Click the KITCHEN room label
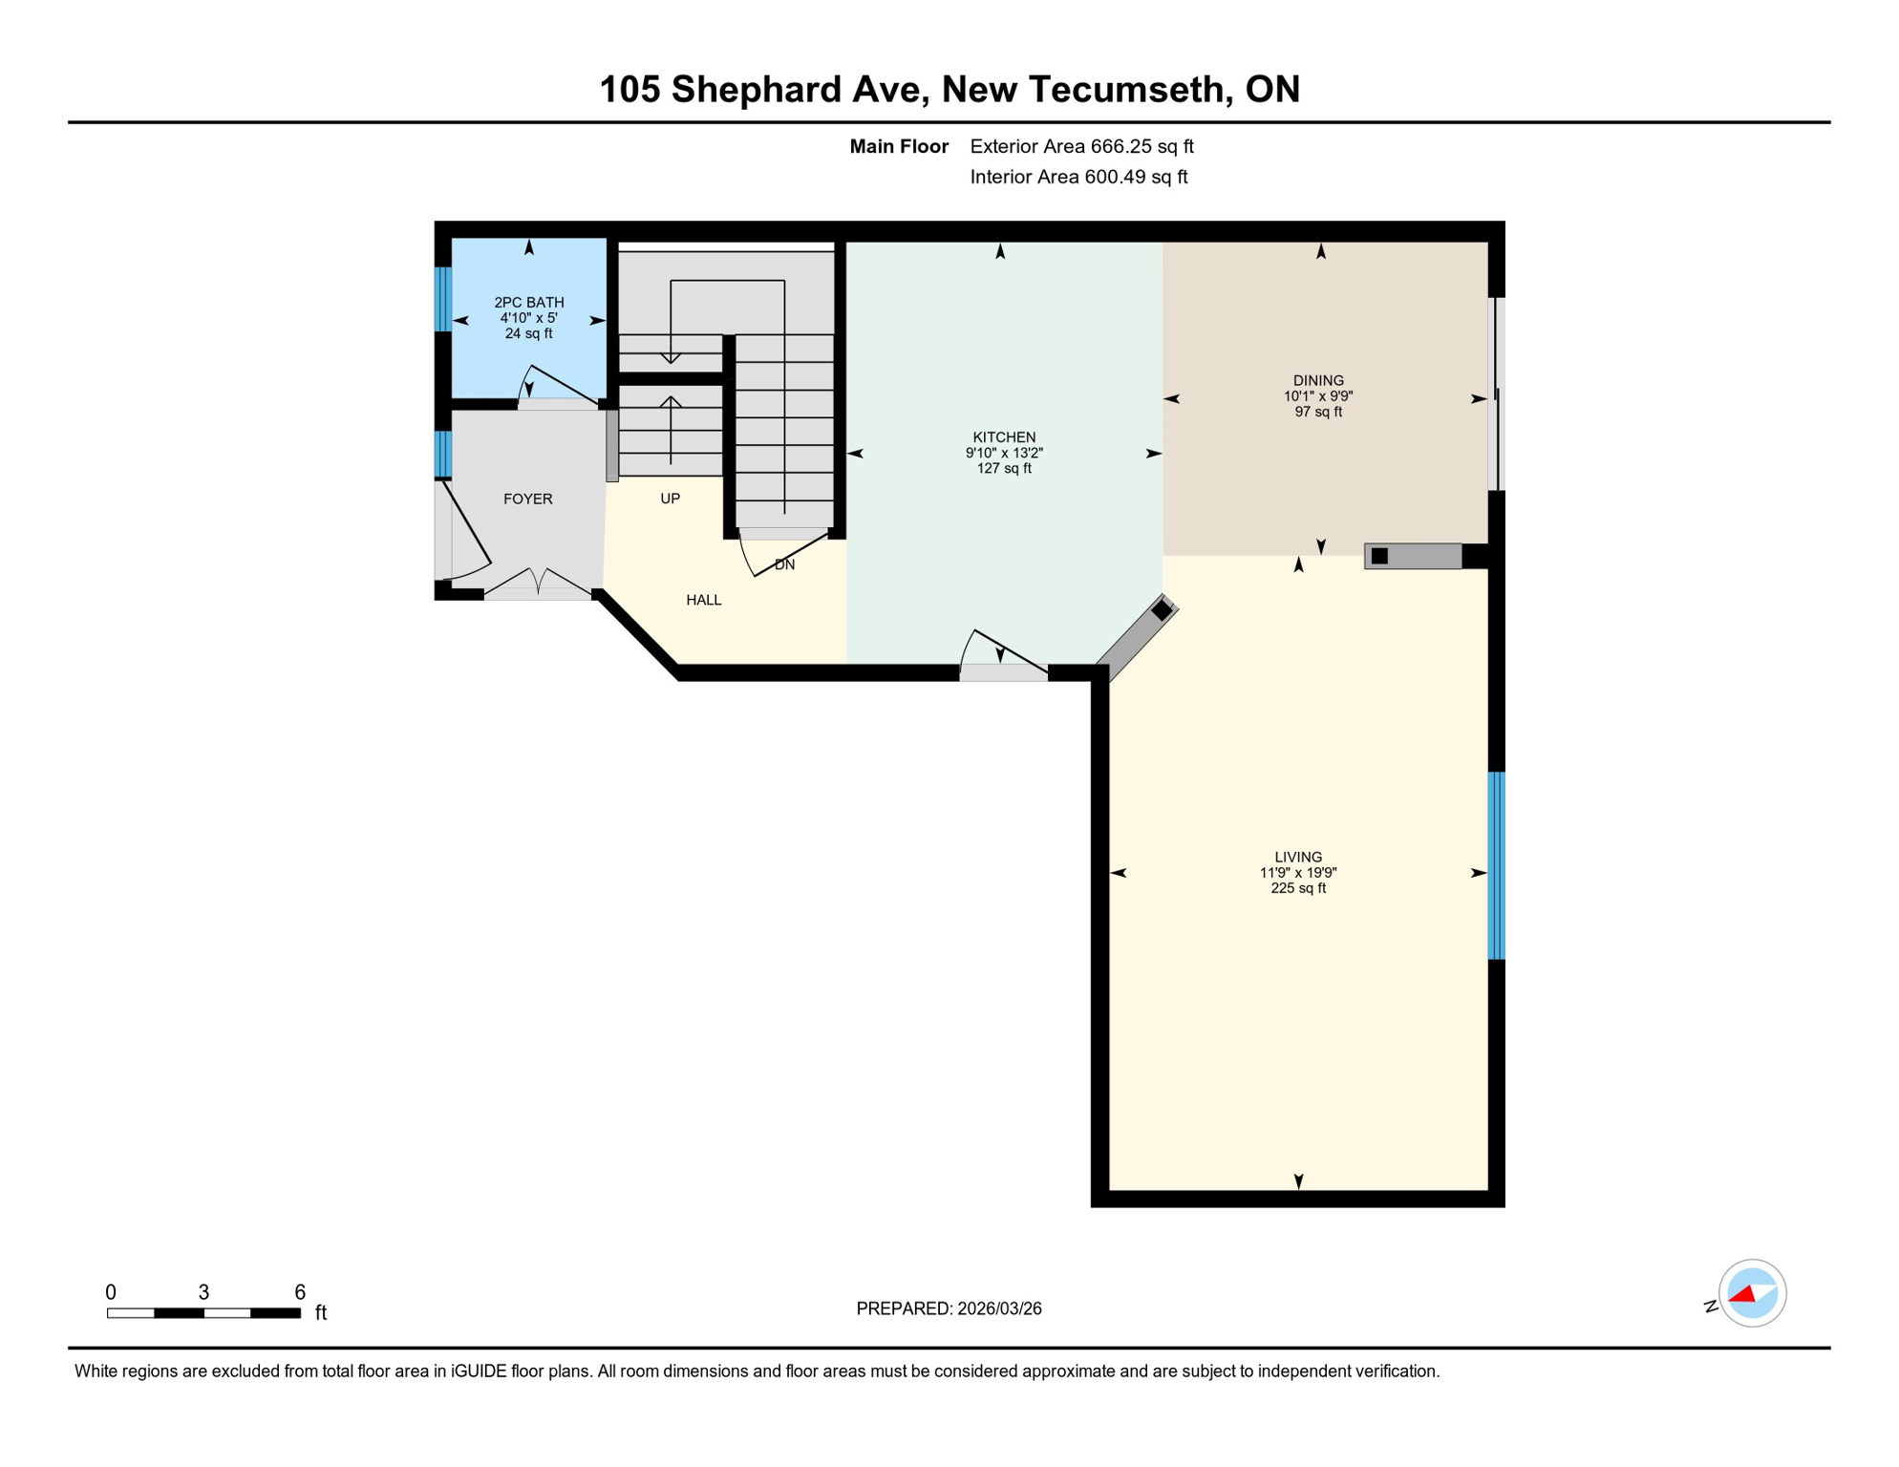(1004, 437)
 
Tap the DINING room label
(1318, 380)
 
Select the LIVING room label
(1297, 857)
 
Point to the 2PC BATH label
(528, 302)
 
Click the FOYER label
(527, 499)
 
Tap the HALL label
(703, 600)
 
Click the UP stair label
(670, 499)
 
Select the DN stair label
(784, 564)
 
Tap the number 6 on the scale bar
(299, 1292)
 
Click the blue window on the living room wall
(1496, 864)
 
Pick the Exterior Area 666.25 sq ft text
(1081, 146)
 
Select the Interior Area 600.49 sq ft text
(1078, 177)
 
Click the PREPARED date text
(949, 1308)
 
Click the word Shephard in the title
(796, 89)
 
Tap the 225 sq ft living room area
(1297, 888)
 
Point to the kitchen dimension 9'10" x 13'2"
(1004, 453)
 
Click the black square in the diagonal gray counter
(1162, 610)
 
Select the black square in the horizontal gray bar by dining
(1379, 556)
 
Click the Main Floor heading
(898, 146)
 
